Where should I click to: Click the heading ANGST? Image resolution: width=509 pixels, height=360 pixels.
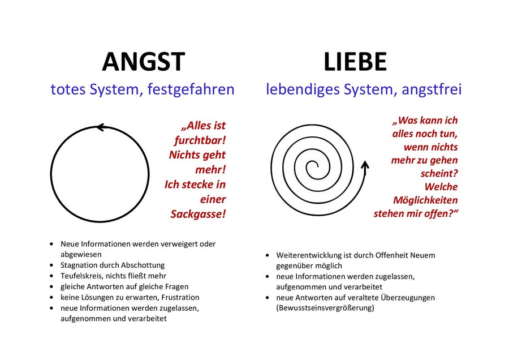pyautogui.click(x=144, y=61)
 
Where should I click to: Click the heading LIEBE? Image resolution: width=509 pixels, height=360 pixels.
pyautogui.click(x=355, y=61)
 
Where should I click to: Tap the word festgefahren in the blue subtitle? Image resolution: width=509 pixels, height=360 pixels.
pyautogui.click(x=191, y=89)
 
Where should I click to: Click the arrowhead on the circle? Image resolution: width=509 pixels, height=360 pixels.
pyautogui.click(x=101, y=127)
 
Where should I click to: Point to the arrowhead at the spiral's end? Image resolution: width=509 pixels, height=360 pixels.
pyautogui.click(x=365, y=165)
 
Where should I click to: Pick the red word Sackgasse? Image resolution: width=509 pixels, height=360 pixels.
pyautogui.click(x=198, y=214)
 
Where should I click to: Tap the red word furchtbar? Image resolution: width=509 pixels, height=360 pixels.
pyautogui.click(x=200, y=140)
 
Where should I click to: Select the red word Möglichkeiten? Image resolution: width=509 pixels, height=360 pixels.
pyautogui.click(x=425, y=200)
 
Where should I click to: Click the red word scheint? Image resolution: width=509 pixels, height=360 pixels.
pyautogui.click(x=439, y=174)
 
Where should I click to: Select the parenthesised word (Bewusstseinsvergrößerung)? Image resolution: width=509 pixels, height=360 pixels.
pyautogui.click(x=325, y=308)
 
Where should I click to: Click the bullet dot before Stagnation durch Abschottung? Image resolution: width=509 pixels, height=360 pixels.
pyautogui.click(x=51, y=265)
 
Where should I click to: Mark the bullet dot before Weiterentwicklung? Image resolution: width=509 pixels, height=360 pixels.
pyautogui.click(x=267, y=255)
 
